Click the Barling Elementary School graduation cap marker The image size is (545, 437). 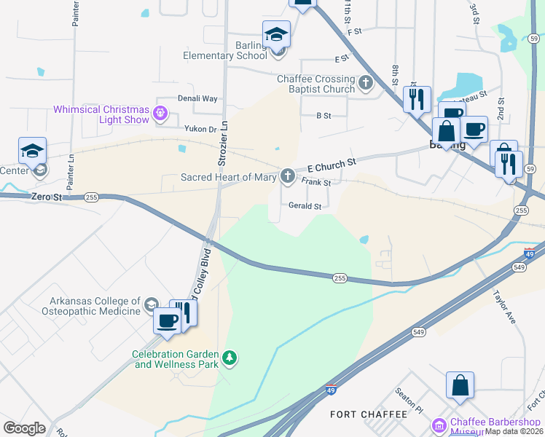pos(277,34)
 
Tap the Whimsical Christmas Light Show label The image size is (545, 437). pos(102,114)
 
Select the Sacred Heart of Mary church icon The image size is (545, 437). pos(288,176)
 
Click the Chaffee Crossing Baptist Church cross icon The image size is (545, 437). pos(366,84)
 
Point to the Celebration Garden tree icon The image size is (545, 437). pos(230,357)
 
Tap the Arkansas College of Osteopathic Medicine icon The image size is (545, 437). pos(152,304)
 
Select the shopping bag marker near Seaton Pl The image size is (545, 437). pos(460,385)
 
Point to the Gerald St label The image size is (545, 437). pos(305,206)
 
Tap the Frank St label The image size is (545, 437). pos(316,183)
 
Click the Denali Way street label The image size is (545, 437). pos(197,98)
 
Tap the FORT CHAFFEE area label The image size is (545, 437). pos(368,414)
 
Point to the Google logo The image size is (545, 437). pos(24,428)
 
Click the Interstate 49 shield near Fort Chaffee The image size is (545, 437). pos(331,390)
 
